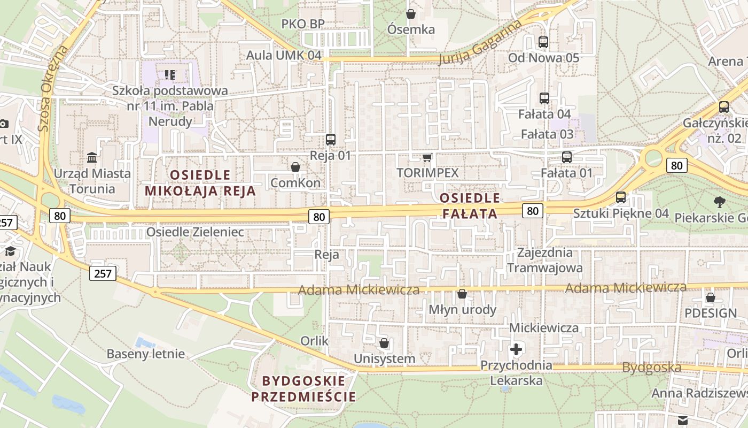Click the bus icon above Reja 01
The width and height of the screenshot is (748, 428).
click(x=331, y=140)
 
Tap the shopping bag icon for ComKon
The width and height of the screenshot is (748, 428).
click(x=295, y=167)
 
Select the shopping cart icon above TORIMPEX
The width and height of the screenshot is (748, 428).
click(x=427, y=157)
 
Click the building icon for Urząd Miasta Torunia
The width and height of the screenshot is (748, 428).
click(x=92, y=157)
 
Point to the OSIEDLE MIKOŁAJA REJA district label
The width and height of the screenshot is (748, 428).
click(x=200, y=182)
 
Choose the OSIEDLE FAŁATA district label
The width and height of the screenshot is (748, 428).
click(x=470, y=205)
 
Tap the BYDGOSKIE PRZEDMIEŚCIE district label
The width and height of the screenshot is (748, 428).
click(x=303, y=388)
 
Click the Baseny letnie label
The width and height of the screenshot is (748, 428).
click(x=146, y=354)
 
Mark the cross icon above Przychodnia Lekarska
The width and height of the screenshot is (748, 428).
click(x=516, y=349)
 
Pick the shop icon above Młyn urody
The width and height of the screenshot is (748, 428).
click(x=462, y=294)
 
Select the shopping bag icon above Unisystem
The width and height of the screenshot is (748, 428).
click(x=384, y=343)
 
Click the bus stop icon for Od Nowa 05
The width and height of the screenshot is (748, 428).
click(x=543, y=42)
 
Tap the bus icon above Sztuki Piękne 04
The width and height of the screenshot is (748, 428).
click(x=621, y=197)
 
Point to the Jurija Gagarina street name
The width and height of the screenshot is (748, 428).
click(x=480, y=43)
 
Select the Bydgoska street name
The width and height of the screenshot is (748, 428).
click(x=651, y=368)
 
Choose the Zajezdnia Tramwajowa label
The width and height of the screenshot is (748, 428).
click(x=545, y=259)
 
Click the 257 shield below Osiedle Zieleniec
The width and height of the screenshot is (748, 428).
click(x=102, y=273)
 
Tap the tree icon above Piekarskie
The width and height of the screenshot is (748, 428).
click(x=720, y=202)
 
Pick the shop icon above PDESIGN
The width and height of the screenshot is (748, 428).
click(x=711, y=297)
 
